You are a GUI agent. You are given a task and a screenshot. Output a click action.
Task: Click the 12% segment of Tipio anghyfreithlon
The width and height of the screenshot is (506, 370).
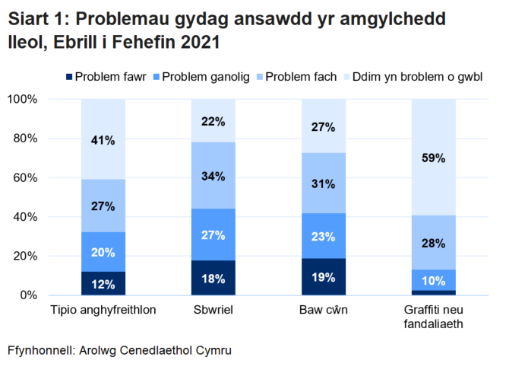(103, 284)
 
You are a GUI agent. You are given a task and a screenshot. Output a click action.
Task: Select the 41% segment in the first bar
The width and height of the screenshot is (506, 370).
(103, 140)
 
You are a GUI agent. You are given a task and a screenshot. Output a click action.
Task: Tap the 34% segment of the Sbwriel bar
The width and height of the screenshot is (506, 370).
(213, 176)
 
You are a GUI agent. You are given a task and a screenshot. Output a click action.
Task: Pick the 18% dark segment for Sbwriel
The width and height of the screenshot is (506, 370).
(213, 278)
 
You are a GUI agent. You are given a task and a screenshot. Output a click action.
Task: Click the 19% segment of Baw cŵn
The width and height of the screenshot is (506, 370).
(324, 277)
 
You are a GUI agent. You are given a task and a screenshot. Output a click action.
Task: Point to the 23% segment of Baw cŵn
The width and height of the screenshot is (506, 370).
(324, 236)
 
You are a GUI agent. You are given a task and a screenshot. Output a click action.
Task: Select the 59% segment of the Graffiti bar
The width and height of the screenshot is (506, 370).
(434, 158)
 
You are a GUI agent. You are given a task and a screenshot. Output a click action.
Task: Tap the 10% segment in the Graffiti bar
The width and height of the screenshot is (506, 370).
(434, 280)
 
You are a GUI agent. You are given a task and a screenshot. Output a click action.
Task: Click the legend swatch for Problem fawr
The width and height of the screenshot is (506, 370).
(71, 77)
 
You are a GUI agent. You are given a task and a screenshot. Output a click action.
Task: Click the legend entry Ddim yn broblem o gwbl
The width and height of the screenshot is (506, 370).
(417, 77)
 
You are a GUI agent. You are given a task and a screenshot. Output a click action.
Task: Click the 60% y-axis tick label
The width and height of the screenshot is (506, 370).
(24, 177)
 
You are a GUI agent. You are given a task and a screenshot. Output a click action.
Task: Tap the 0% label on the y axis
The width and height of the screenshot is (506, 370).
(27, 295)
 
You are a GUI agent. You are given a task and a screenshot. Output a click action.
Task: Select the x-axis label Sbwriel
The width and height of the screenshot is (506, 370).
(213, 311)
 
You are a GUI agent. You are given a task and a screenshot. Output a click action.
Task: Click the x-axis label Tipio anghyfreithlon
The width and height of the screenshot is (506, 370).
(103, 311)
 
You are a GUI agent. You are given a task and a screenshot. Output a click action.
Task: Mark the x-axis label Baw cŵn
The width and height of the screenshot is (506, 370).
(324, 311)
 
